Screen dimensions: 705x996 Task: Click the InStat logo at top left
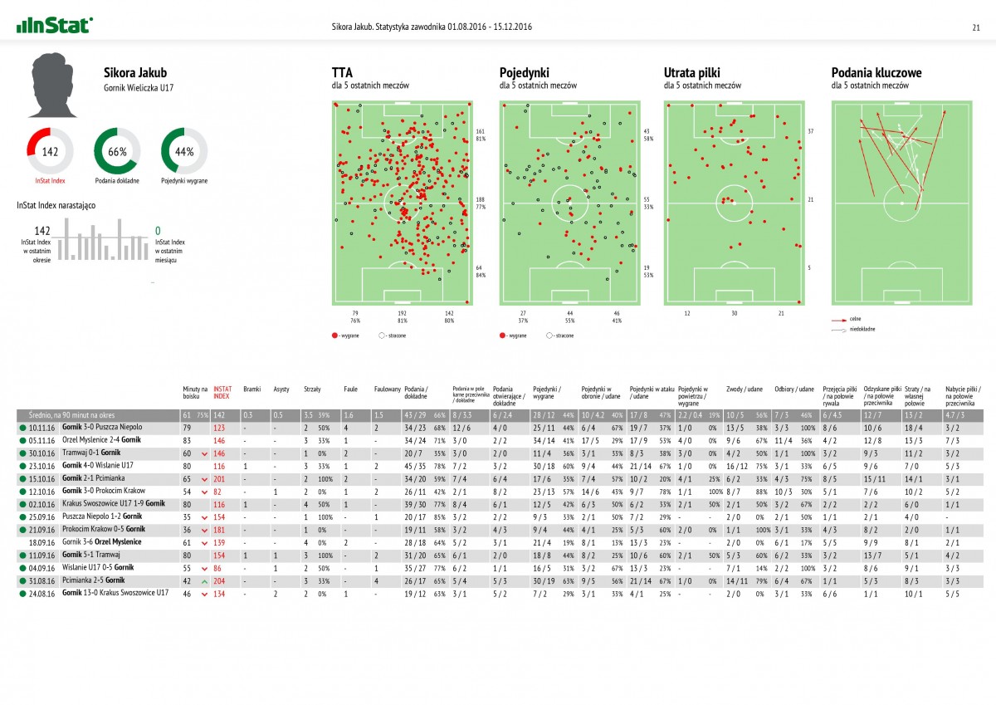[x=55, y=26]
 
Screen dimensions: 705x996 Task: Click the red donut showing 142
[x=51, y=151]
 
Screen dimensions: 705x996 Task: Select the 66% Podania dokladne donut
[x=117, y=151]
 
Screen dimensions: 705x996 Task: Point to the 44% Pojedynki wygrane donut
[x=184, y=151]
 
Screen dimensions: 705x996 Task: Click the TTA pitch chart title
[x=341, y=72]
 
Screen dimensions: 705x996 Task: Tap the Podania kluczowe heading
[x=876, y=72]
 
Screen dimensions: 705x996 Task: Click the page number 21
[x=976, y=27]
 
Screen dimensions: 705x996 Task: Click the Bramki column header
[x=252, y=389]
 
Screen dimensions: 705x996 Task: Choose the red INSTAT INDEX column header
[x=222, y=391]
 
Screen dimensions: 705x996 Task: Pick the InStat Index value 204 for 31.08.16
[x=219, y=580]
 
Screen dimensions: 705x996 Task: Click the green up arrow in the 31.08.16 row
[x=204, y=580]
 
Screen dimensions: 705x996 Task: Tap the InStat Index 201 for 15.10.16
[x=219, y=478]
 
